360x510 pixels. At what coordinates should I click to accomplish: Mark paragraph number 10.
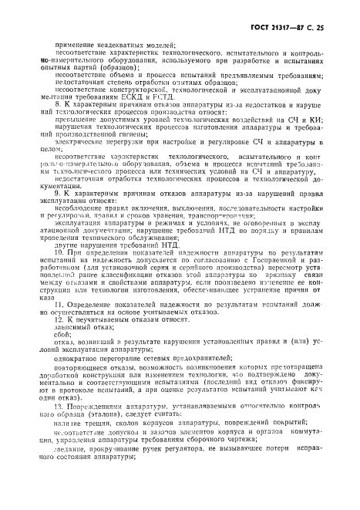(x=62, y=273)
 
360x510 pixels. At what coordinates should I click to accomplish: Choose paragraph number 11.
(x=62, y=326)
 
